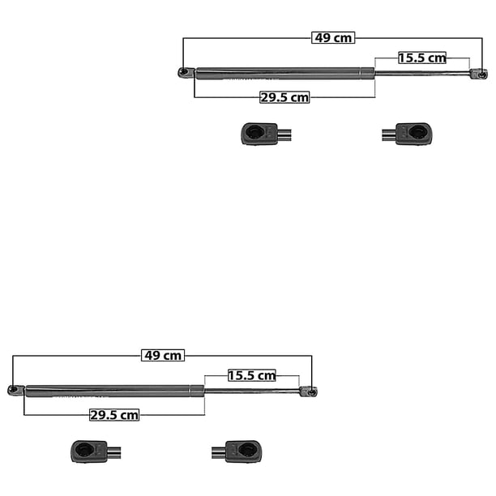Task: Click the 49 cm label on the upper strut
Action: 333,37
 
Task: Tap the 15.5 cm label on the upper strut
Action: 422,58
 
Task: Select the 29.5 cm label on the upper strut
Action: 284,97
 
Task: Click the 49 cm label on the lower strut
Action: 163,355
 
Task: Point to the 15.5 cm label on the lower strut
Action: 252,375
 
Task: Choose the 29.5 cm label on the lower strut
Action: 114,415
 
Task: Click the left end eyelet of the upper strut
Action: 186,72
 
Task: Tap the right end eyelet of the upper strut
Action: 479,74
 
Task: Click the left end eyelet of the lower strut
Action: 15,390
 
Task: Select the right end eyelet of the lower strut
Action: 309,391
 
